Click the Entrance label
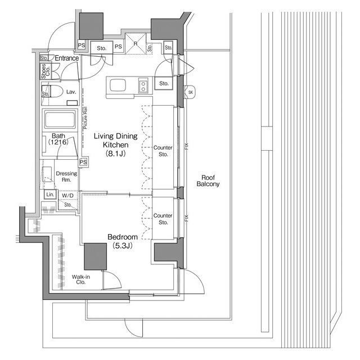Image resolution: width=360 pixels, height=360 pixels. tap(66, 58)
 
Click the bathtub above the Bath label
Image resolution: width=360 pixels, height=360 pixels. tap(59, 120)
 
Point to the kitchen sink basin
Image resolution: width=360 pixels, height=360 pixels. tap(119, 85)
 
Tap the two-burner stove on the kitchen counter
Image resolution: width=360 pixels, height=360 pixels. tap(143, 86)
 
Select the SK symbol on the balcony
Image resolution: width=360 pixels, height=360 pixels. tap(190, 92)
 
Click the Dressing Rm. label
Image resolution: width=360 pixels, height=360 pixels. tap(66, 177)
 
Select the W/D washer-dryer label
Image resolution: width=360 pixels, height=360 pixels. tap(67, 195)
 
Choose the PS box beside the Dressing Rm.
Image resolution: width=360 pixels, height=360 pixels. tap(83, 162)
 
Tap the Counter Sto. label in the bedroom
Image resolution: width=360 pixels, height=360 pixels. tap(163, 218)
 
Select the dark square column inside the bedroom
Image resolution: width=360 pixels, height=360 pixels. tap(95, 257)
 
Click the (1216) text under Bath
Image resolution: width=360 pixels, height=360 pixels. tap(58, 143)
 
